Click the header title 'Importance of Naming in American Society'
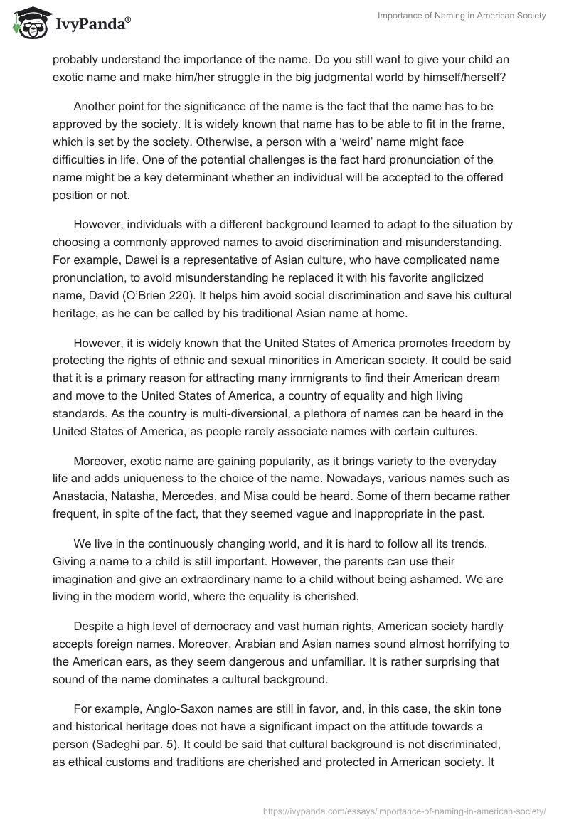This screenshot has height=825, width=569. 462,16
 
